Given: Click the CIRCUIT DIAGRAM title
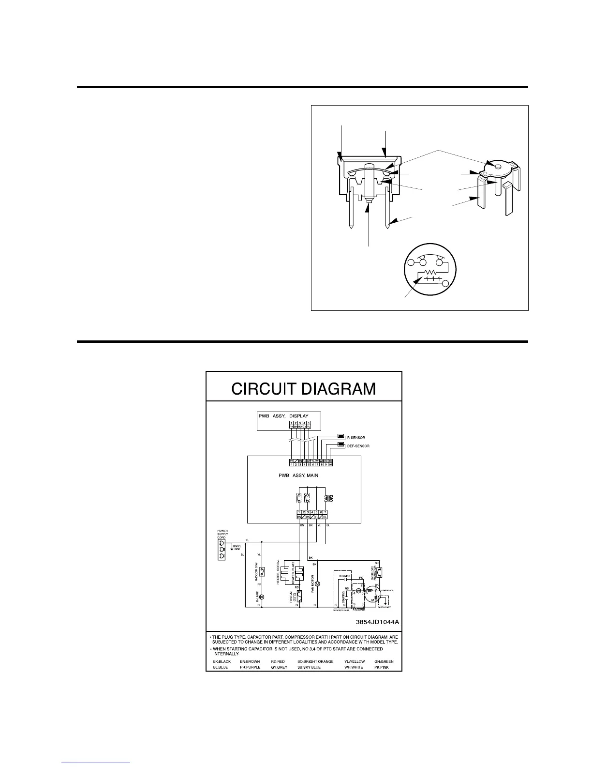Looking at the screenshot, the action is (304, 388).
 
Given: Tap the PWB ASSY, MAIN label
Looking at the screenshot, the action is (298, 475).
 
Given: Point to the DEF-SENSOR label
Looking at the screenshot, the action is (359, 445).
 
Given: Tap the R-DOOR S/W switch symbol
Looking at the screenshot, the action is (262, 571).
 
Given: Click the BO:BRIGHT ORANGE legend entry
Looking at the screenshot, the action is (315, 661).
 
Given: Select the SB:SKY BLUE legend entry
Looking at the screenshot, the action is (311, 667).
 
